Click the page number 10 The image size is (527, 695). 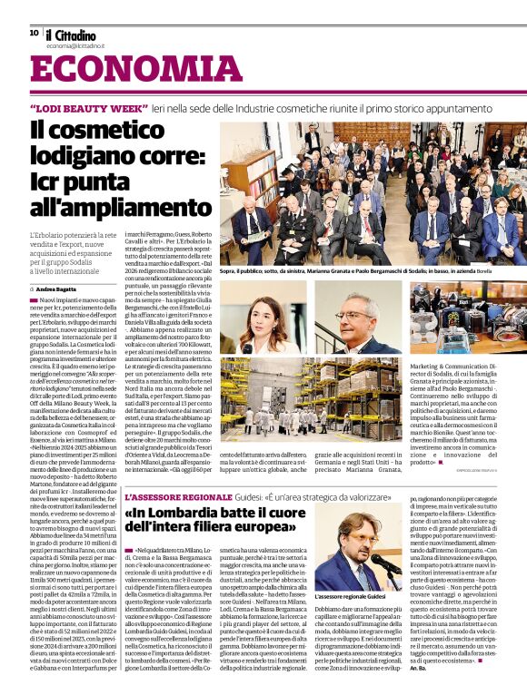tap(34, 32)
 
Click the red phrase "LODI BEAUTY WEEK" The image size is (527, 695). tap(88, 107)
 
